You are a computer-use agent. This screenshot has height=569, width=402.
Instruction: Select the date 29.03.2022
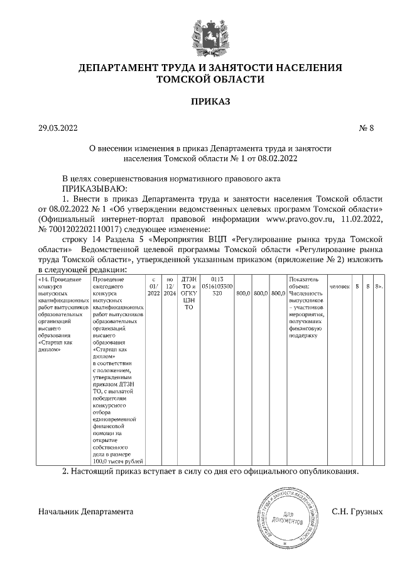coord(58,128)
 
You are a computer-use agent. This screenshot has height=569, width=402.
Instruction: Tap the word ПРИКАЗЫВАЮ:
coord(94,187)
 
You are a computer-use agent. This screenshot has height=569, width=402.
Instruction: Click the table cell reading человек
coord(340,286)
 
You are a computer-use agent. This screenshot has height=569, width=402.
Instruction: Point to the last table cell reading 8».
coord(378,286)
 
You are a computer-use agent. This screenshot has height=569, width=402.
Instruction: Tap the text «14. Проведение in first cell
coord(60,279)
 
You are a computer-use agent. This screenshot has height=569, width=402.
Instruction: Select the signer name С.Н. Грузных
coord(356,512)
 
